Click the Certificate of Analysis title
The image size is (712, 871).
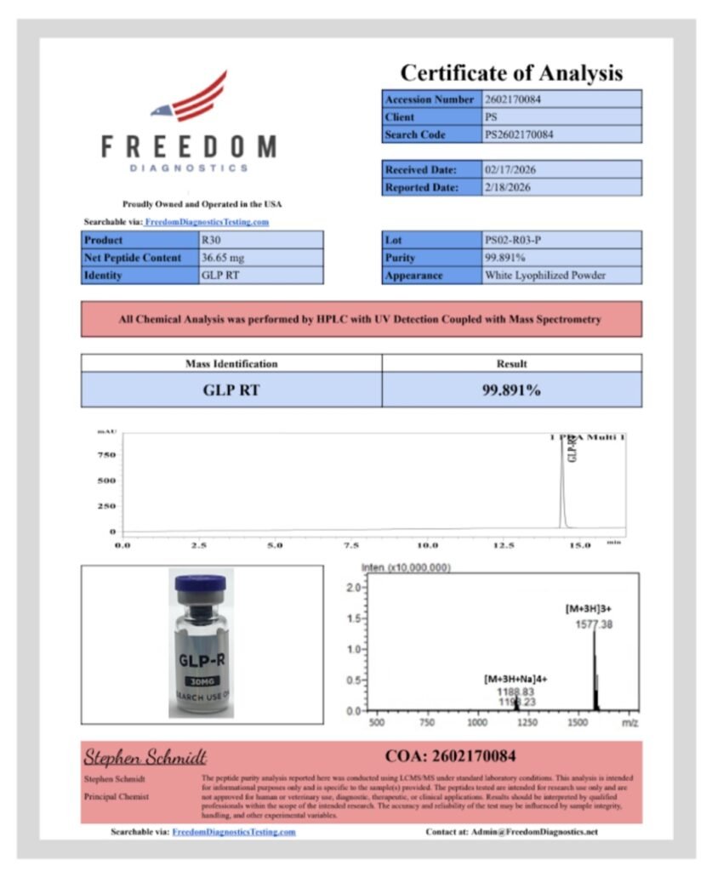511,72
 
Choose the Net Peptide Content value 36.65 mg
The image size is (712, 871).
224,258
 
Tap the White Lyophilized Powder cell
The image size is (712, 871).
544,276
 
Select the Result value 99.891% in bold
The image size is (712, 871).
511,390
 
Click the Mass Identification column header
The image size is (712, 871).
231,363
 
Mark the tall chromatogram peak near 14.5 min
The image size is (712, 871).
561,485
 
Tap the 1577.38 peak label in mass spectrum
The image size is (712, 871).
595,624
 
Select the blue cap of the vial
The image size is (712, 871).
200,584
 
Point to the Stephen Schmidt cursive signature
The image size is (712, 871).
145,757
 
